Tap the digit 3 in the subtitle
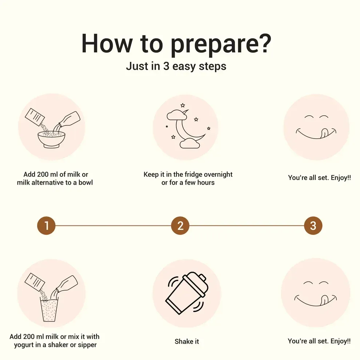tap(166, 66)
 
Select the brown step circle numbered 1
tap(47, 226)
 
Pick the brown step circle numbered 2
tap(180, 226)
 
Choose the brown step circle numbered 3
tap(313, 226)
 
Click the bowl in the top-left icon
tap(51, 139)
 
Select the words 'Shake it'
tap(187, 341)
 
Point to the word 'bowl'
tap(86, 183)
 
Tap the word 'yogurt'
tap(24, 345)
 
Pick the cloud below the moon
tap(190, 143)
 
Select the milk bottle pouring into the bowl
tap(68, 121)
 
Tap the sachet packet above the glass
tap(35, 282)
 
